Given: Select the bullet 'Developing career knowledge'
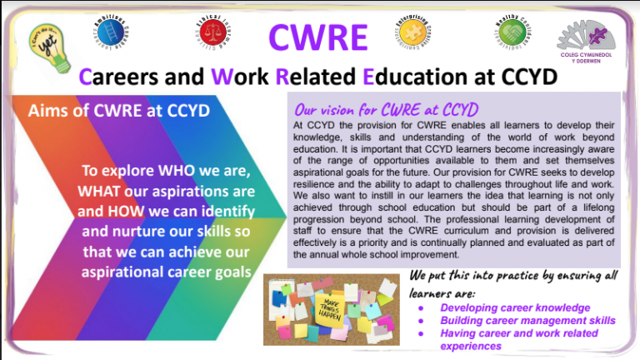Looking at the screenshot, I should [x=516, y=307].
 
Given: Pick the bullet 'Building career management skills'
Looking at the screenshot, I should [x=528, y=320].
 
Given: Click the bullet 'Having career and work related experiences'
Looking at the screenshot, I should [x=517, y=338].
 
